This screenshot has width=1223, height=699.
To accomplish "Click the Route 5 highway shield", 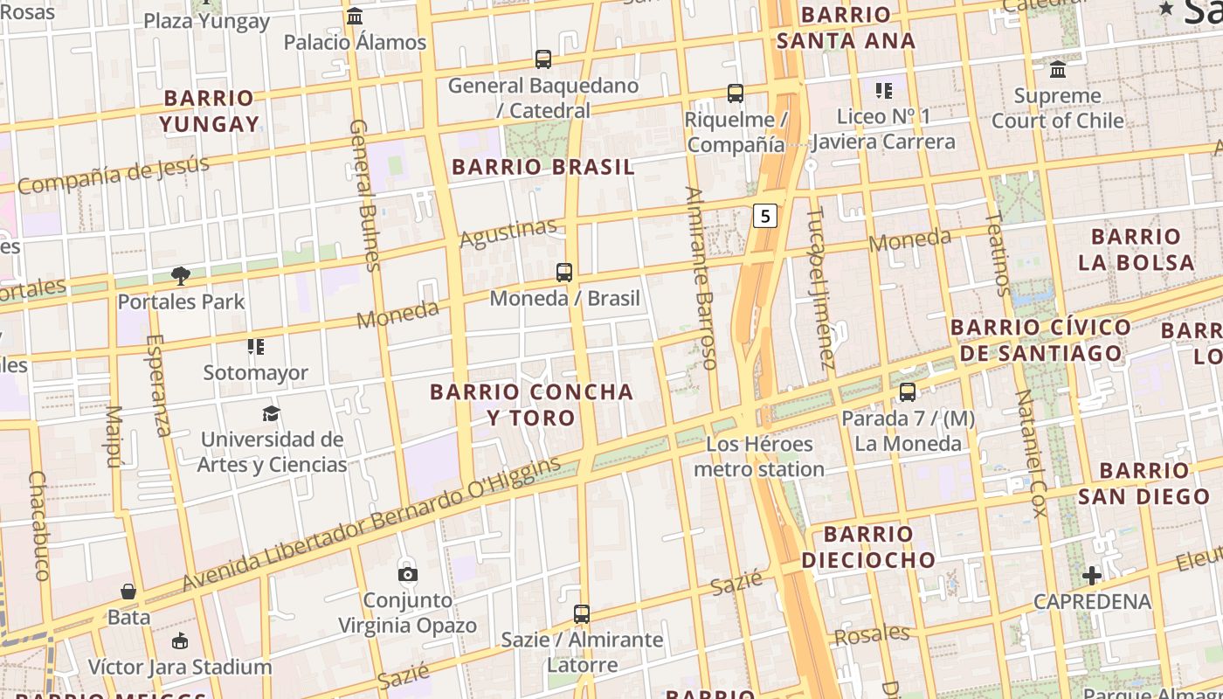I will [765, 216].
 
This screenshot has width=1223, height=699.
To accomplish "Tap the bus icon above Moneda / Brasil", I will [564, 272].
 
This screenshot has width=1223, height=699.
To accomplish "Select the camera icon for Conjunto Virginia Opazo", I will [407, 574].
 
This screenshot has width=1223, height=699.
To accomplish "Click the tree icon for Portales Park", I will [181, 276].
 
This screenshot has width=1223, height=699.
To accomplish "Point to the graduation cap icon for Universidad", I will [272, 413].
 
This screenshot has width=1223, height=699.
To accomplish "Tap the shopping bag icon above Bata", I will [128, 592].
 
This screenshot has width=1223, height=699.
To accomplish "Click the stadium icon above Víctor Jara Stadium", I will [179, 641].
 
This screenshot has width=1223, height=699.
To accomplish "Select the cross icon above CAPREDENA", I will [1091, 576].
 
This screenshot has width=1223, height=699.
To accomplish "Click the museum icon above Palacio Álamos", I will [355, 16].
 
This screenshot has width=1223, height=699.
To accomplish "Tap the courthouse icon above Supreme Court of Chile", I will [1058, 69].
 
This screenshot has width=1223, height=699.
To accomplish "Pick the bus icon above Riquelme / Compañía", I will [736, 93].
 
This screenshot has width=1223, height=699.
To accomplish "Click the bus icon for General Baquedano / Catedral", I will [543, 59].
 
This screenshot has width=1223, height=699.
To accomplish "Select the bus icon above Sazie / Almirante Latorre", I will [582, 614].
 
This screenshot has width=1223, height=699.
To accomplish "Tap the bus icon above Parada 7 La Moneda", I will [908, 392].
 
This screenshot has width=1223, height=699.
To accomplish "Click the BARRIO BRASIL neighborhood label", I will [542, 167].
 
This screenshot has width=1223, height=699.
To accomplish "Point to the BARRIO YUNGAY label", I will [209, 111].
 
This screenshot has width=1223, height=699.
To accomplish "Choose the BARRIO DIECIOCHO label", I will [867, 547].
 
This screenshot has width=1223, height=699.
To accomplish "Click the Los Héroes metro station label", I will [759, 457].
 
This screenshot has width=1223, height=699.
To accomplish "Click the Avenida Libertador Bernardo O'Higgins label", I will [371, 524].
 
